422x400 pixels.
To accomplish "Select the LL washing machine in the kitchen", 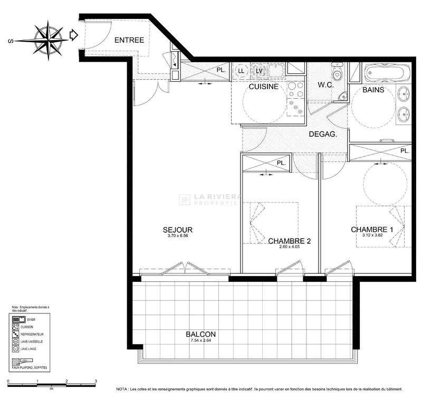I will pos(241,71).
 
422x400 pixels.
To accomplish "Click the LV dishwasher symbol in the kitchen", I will pos(259,71).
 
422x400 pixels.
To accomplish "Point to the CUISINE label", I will pos(263,87).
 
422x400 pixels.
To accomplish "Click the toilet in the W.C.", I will pos(338,73).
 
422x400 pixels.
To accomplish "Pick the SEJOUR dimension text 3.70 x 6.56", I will pos(177,236).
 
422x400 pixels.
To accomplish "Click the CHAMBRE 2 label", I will pos(289,241).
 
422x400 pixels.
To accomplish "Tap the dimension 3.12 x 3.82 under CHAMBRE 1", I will pos(372,236).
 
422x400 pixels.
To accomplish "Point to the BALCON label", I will pos(200,334).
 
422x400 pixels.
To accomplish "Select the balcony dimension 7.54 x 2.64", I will pos(200,341).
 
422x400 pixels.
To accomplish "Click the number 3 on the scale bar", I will pos(95,380).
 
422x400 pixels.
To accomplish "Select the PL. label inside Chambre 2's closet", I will pos(282,163).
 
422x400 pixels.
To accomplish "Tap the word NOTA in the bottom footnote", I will pos(123,389).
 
